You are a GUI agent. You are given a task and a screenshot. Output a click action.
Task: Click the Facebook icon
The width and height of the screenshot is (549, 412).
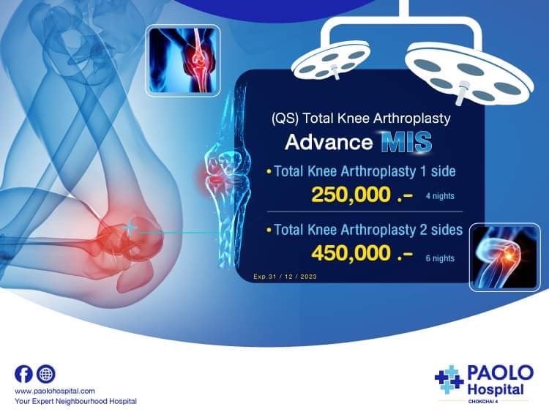pyautogui.click(x=23, y=374)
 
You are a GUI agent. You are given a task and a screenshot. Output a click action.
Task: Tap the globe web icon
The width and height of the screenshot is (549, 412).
pyautogui.click(x=46, y=374)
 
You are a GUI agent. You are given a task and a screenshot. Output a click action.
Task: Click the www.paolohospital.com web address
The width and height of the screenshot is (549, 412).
pyautogui.click(x=55, y=391)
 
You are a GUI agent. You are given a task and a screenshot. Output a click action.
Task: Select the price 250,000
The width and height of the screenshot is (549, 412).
pyautogui.click(x=351, y=195)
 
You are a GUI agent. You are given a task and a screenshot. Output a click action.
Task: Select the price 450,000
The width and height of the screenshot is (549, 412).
pyautogui.click(x=351, y=253)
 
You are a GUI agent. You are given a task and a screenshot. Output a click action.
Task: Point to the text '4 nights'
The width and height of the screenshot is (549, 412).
pyautogui.click(x=440, y=196)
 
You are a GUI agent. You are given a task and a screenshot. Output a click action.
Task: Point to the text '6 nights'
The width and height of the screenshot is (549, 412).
pyautogui.click(x=440, y=258)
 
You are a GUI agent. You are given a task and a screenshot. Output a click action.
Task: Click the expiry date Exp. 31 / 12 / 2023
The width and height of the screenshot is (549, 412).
pyautogui.click(x=285, y=277)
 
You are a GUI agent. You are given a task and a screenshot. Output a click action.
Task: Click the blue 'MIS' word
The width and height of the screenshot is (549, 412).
pyautogui.click(x=406, y=142)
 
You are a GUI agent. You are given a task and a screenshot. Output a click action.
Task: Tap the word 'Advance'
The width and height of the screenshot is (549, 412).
pyautogui.click(x=329, y=142)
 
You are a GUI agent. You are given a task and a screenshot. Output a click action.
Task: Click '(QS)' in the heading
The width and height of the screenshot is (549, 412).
pyautogui.click(x=285, y=119)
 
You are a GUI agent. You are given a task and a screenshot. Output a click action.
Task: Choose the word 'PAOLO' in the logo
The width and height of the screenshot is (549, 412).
pyautogui.click(x=501, y=372)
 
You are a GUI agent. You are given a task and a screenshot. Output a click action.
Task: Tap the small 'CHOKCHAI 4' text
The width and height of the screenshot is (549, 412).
pyautogui.click(x=483, y=402)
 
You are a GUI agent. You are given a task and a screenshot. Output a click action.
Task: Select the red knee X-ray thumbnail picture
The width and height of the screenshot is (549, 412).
pyautogui.click(x=183, y=61)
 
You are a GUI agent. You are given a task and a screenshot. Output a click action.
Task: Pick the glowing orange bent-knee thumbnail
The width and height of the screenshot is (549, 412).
pyautogui.click(x=504, y=258)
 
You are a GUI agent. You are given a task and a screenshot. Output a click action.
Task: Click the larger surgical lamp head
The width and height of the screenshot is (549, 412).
pyautogui.click(x=469, y=74)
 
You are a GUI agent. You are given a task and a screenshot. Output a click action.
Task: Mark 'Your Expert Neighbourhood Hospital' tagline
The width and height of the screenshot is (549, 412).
pyautogui.click(x=75, y=402)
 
